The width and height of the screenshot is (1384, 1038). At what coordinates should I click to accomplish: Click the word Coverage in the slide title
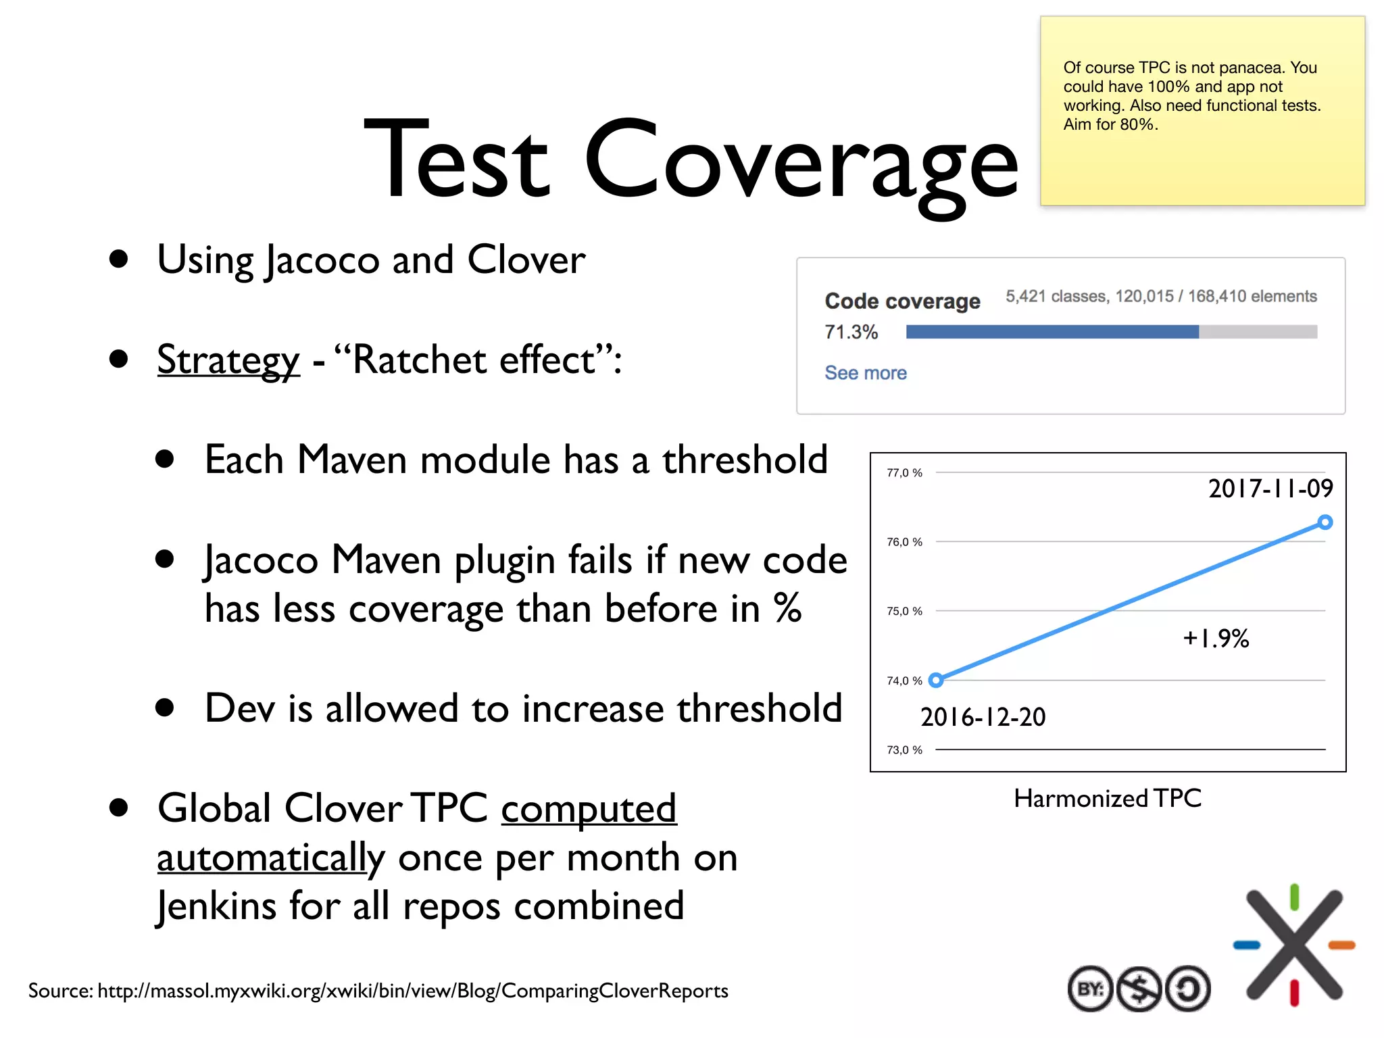pyautogui.click(x=801, y=162)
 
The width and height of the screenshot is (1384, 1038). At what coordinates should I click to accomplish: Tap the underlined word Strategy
pyautogui.click(x=228, y=360)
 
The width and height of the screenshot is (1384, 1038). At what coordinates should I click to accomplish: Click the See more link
pyautogui.click(x=865, y=373)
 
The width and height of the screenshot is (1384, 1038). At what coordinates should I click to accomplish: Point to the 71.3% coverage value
pyautogui.click(x=851, y=332)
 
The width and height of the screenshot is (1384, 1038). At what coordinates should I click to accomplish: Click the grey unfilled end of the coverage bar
pyautogui.click(x=1257, y=332)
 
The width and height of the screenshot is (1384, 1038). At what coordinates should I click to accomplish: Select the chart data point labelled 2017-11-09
pyautogui.click(x=1325, y=522)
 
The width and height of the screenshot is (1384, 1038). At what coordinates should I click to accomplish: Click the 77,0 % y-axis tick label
pyautogui.click(x=904, y=473)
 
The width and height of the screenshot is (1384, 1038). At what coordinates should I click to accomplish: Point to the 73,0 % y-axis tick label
pyautogui.click(x=904, y=750)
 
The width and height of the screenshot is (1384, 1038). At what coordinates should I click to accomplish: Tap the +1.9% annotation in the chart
pyautogui.click(x=1215, y=639)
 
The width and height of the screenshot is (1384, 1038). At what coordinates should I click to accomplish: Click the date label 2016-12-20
pyautogui.click(x=983, y=717)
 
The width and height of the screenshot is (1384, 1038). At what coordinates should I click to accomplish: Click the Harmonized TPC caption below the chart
pyautogui.click(x=1107, y=799)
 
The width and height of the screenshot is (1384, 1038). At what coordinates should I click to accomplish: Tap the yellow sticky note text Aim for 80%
pyautogui.click(x=1110, y=124)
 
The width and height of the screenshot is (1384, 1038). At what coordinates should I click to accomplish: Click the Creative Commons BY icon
pyautogui.click(x=1089, y=989)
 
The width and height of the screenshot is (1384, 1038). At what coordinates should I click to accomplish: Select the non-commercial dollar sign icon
pyautogui.click(x=1139, y=989)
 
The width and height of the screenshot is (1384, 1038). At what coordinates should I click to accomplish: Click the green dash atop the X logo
pyautogui.click(x=1294, y=897)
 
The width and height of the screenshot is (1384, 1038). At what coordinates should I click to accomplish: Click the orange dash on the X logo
pyautogui.click(x=1341, y=945)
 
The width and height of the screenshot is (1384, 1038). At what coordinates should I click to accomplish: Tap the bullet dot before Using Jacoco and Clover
pyautogui.click(x=119, y=259)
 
